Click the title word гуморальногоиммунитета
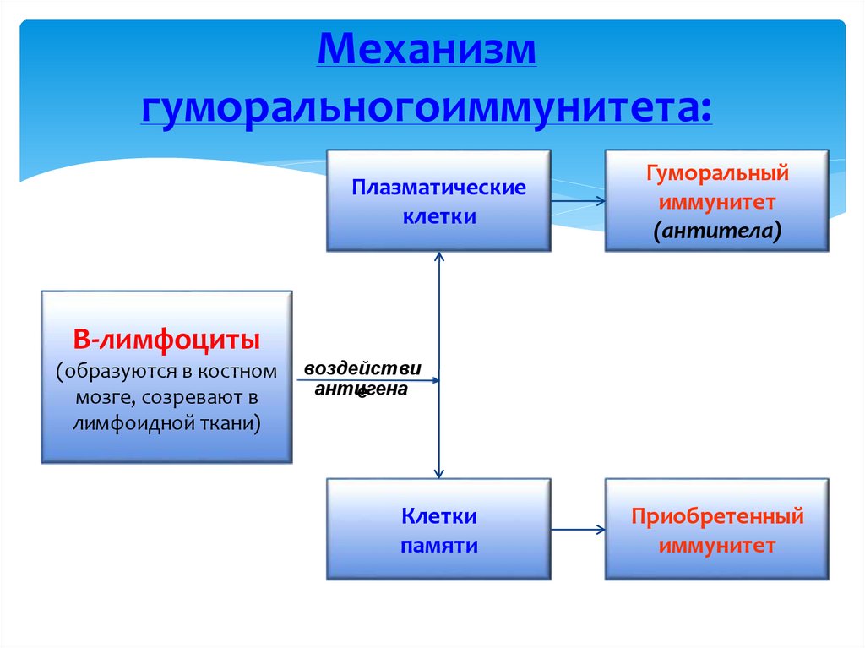(427, 109)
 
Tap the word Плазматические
(438, 187)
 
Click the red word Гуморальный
(717, 173)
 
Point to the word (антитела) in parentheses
(717, 231)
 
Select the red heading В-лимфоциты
(166, 341)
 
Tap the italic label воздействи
(362, 369)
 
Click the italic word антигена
(362, 389)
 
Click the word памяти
(438, 546)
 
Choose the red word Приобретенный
(717, 516)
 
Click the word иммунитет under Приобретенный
(717, 546)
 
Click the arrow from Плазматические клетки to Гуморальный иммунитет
(578, 201)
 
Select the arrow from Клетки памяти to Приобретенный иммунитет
(578, 530)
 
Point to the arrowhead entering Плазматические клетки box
(439, 257)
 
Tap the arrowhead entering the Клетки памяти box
(439, 473)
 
